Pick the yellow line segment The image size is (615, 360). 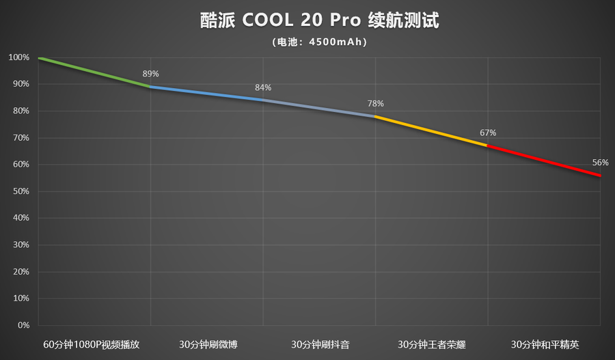pyautogui.click(x=431, y=131)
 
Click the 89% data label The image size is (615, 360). pyautogui.click(x=150, y=74)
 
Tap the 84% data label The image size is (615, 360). pyautogui.click(x=263, y=87)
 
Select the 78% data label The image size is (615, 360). pyautogui.click(x=375, y=104)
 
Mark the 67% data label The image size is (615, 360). pyautogui.click(x=488, y=133)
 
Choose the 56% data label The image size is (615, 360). pyautogui.click(x=600, y=163)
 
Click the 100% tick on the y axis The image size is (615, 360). pyautogui.click(x=19, y=58)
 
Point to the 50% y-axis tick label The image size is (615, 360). pyautogui.click(x=20, y=191)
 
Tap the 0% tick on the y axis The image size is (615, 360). pyautogui.click(x=23, y=325)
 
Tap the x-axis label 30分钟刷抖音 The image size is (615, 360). pyautogui.click(x=320, y=344)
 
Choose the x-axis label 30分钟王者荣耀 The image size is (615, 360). pyautogui.click(x=432, y=344)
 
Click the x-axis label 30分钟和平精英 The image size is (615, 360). pyautogui.click(x=545, y=344)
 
